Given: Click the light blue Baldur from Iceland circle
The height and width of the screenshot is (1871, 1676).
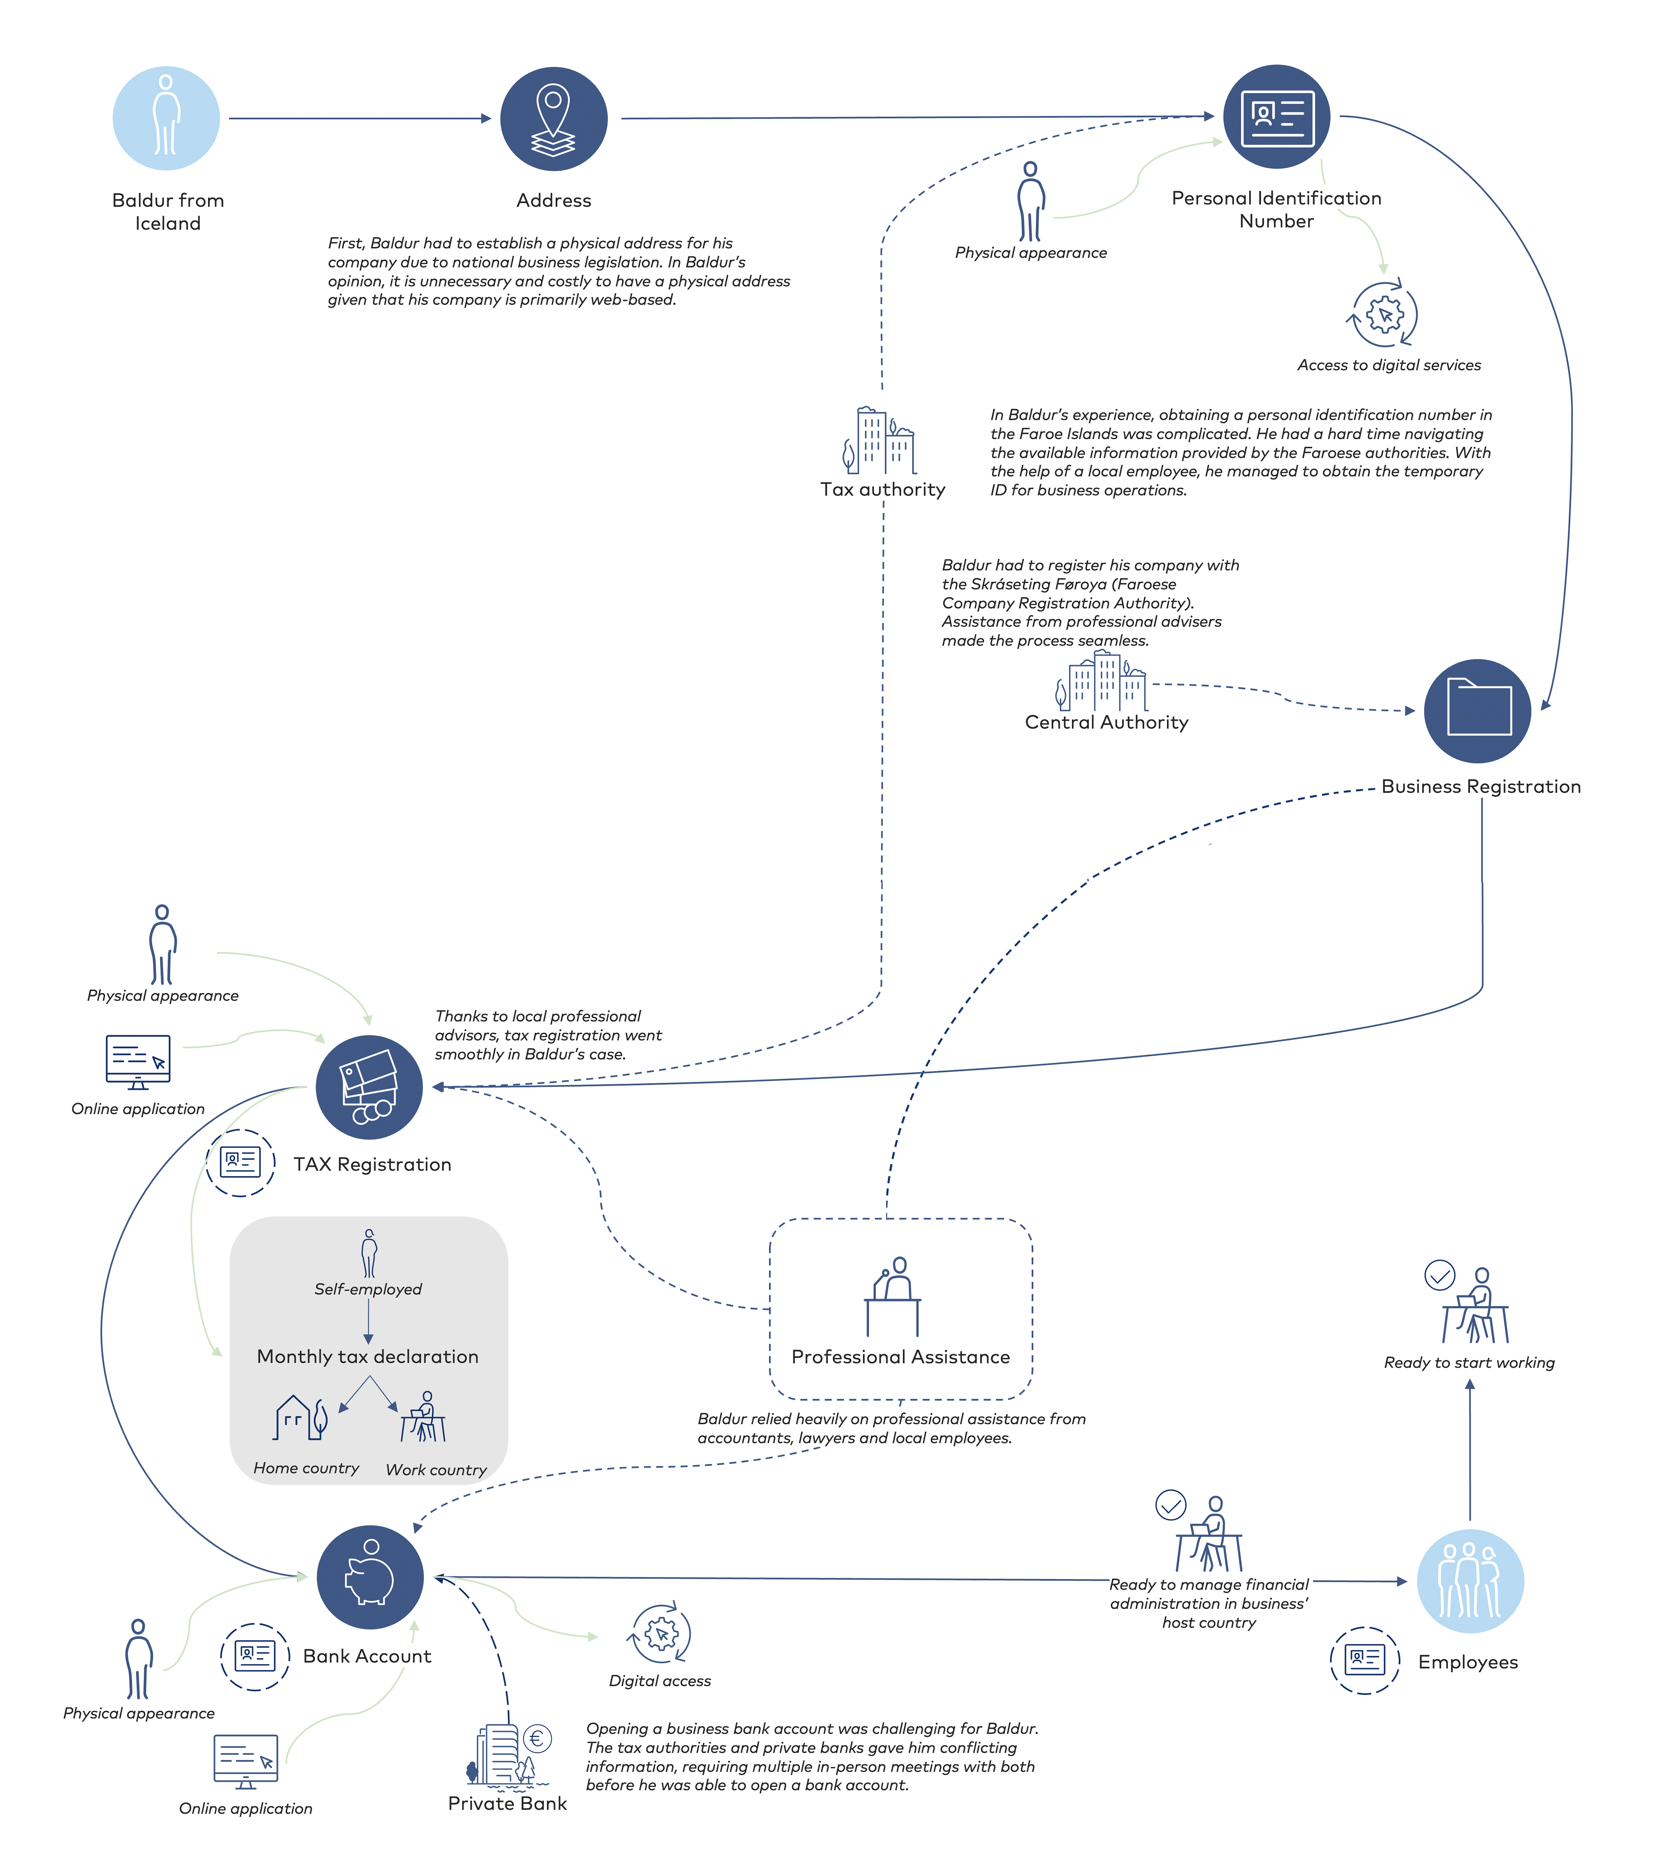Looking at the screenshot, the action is click(x=166, y=118).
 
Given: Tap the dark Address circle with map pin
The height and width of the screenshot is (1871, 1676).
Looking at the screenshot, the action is click(x=554, y=119).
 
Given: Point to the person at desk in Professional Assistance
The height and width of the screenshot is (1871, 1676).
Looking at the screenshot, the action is click(x=892, y=1295).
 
